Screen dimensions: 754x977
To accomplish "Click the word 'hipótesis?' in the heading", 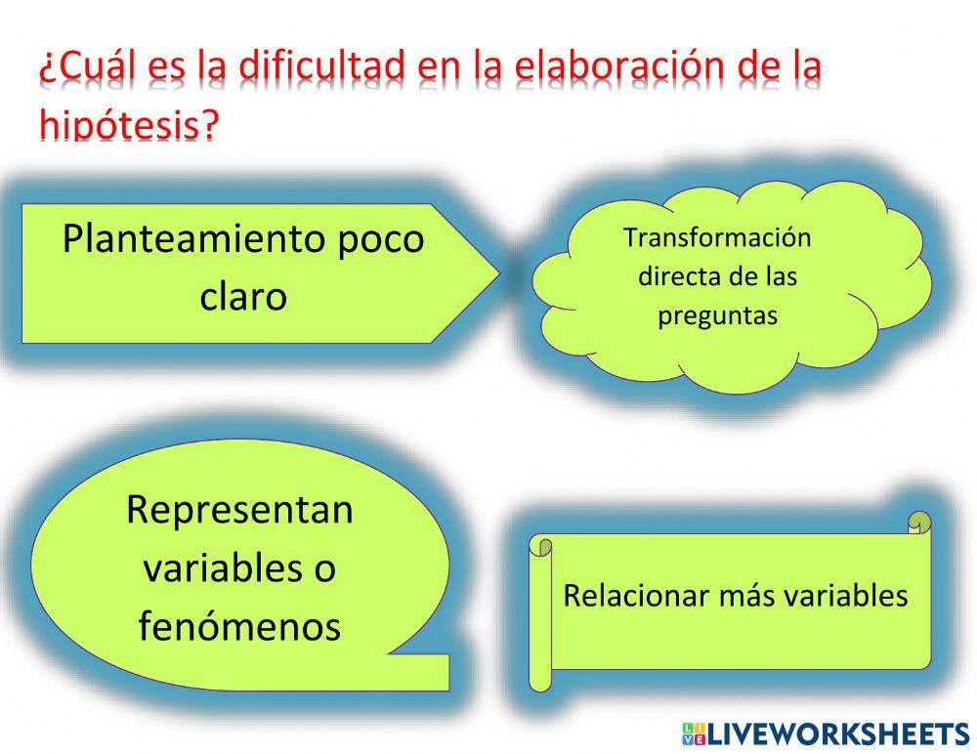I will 128,124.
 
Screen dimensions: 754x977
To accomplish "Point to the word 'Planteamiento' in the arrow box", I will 191,238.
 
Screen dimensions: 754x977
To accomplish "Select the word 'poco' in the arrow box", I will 380,238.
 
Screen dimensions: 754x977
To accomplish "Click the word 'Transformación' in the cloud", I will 717,237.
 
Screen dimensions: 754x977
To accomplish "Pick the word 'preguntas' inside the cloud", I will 717,315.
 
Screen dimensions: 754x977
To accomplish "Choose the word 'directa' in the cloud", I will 675,276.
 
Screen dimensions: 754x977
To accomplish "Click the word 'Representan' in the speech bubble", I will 240,509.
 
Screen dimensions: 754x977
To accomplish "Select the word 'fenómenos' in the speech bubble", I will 240,626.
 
